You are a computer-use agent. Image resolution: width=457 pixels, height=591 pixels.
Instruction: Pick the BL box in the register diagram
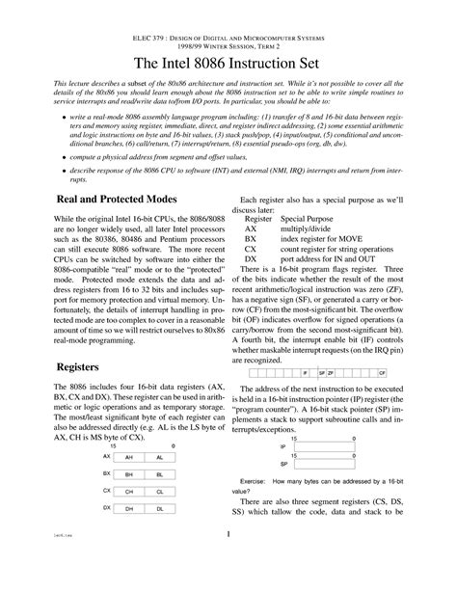coord(159,474)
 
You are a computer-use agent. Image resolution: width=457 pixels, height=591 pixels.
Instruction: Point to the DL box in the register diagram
coord(159,508)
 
